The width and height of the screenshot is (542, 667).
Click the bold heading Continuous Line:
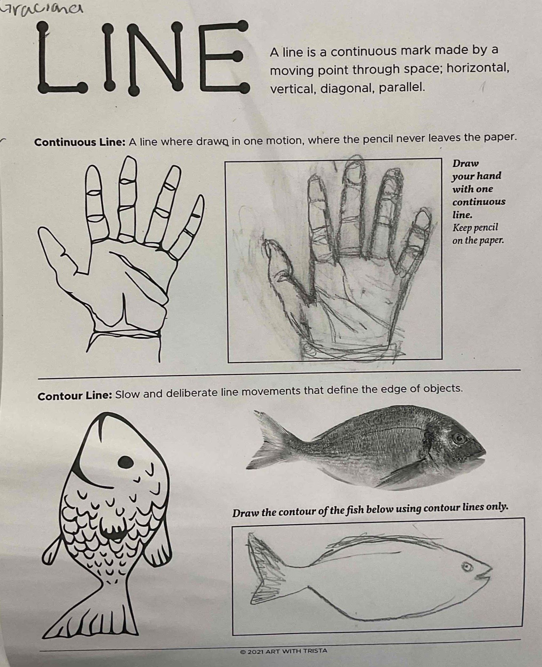(x=80, y=142)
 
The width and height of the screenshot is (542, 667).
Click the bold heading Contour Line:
(x=75, y=395)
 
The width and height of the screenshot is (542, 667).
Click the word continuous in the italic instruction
(x=479, y=202)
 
